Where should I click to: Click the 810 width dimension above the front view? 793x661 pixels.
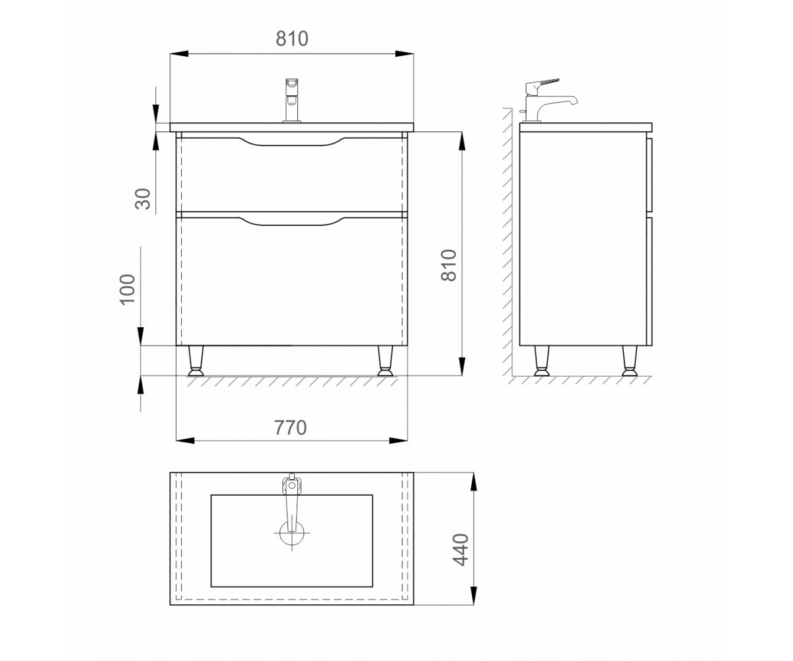click(291, 39)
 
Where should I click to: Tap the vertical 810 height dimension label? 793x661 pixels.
click(449, 265)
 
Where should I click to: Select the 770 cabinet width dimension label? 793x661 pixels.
click(291, 428)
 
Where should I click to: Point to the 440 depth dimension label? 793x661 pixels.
click(461, 550)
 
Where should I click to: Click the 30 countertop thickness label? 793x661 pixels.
click(143, 199)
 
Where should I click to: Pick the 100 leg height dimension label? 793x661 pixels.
click(128, 289)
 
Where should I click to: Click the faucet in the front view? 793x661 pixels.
click(291, 100)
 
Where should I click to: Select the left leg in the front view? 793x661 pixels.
click(196, 361)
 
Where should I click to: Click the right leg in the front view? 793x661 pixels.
click(385, 361)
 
